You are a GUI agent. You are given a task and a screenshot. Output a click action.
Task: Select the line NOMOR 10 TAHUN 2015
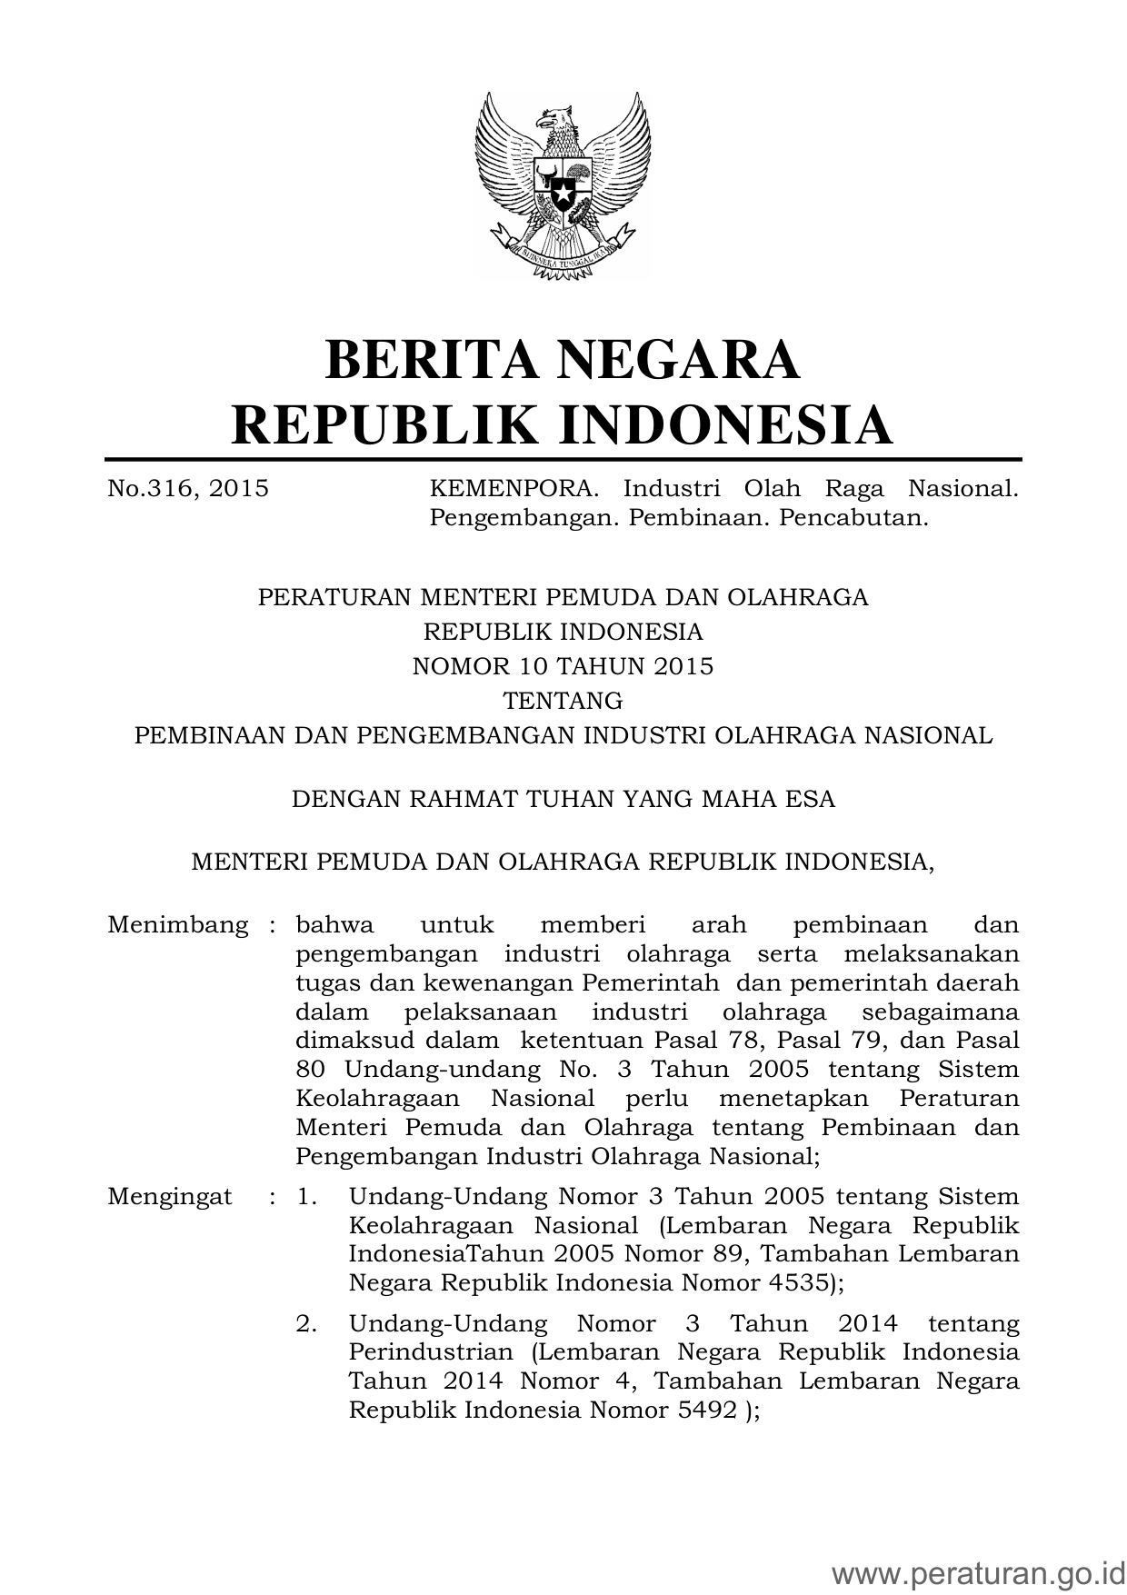(563, 666)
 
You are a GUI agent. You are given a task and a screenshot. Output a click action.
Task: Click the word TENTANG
(563, 701)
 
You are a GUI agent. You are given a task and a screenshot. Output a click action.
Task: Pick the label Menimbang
(178, 925)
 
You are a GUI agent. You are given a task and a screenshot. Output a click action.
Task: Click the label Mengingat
(170, 1196)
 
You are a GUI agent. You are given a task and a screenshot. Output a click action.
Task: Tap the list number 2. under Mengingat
(306, 1323)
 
